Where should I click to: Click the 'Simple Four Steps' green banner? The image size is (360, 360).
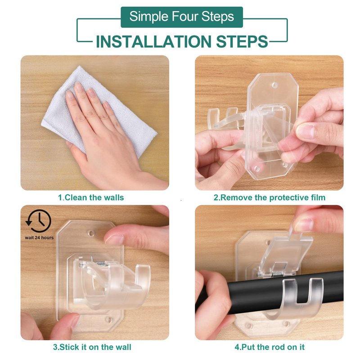(x=182, y=17)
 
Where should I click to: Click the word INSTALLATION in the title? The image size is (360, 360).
(x=153, y=41)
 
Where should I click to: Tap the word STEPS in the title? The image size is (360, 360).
(x=242, y=41)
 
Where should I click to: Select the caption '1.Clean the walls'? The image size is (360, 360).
(x=91, y=198)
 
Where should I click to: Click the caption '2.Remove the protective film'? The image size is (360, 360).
(x=269, y=198)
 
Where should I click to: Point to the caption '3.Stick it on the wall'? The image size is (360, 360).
(x=92, y=346)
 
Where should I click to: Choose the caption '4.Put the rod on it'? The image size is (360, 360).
(x=270, y=346)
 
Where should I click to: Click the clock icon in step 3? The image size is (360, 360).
(x=38, y=220)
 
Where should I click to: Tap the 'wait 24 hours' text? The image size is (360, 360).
(x=39, y=238)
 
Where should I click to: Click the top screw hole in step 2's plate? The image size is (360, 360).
(x=274, y=85)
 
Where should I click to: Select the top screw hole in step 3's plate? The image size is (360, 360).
(x=92, y=234)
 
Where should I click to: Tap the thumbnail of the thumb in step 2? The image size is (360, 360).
(x=305, y=131)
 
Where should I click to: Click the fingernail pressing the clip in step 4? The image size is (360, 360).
(x=303, y=225)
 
